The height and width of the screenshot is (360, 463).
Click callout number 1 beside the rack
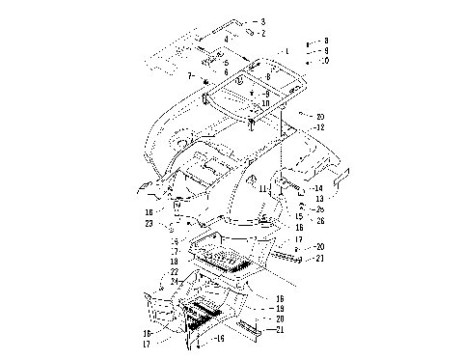point(286,50)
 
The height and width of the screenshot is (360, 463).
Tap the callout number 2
point(262,33)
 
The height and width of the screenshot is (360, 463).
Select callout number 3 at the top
point(262,20)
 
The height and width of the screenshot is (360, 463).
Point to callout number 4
point(226,41)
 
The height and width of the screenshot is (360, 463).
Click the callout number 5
point(226,63)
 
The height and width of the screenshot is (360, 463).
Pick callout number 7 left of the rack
point(190,74)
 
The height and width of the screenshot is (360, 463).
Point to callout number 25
point(321,209)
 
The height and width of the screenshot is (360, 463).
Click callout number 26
point(321,221)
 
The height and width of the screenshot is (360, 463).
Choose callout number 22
point(175,272)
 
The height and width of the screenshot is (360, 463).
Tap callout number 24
point(175,282)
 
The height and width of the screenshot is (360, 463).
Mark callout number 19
point(280,308)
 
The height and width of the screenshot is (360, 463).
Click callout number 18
point(175,262)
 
